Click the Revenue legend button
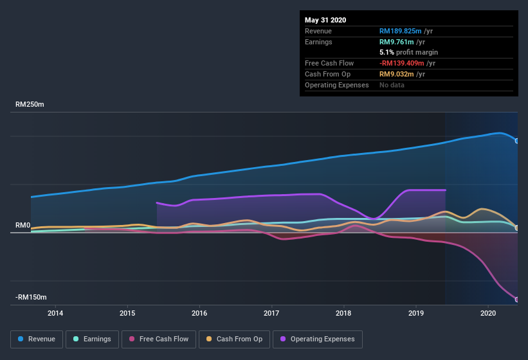pos(37,339)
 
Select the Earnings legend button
pos(92,339)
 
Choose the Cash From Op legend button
pos(235,339)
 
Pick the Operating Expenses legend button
pos(318,339)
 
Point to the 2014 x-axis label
pos(55,314)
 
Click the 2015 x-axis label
pos(127,314)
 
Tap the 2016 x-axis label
pos(199,314)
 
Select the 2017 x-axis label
pos(271,314)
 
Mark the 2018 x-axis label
pos(343,314)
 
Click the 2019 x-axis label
pos(415,314)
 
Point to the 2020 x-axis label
pos(488,314)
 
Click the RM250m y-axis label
pos(30,104)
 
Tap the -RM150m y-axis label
pos(32,297)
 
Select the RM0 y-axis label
pos(23,225)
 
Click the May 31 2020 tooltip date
pos(325,20)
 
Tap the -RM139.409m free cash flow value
pos(407,63)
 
